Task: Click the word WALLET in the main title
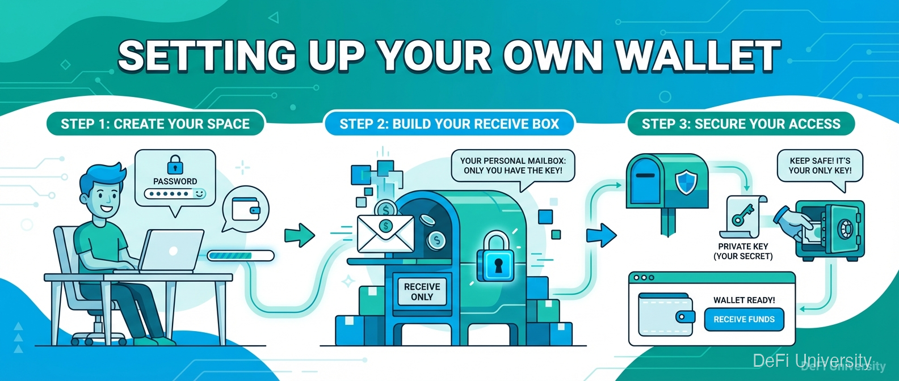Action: pyautogui.click(x=698, y=56)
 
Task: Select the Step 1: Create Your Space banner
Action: pyautogui.click(x=155, y=124)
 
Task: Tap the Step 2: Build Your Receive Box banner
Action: pyautogui.click(x=449, y=124)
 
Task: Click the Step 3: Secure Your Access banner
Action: pyautogui.click(x=741, y=124)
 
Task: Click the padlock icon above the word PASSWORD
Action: pyautogui.click(x=175, y=165)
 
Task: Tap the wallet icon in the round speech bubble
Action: pyautogui.click(x=246, y=209)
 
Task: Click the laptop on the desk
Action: pyautogui.click(x=171, y=250)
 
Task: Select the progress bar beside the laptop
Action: pyautogui.click(x=240, y=256)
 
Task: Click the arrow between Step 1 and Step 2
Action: pyautogui.click(x=300, y=234)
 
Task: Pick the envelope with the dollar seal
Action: pyautogui.click(x=385, y=234)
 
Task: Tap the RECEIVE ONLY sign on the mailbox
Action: pyautogui.click(x=422, y=291)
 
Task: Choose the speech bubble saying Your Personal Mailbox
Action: pyautogui.click(x=512, y=166)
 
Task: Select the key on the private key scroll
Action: pyautogui.click(x=742, y=215)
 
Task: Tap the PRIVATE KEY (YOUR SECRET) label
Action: pyautogui.click(x=743, y=251)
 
